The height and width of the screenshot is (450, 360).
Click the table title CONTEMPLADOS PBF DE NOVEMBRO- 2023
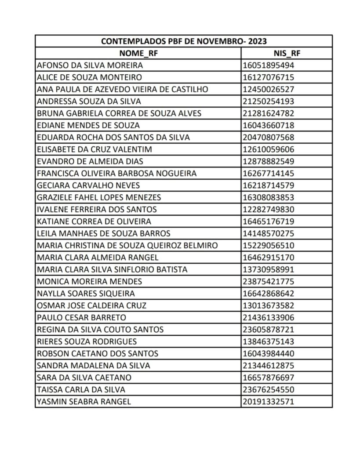click(x=184, y=42)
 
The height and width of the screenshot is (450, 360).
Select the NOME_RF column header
click(x=138, y=54)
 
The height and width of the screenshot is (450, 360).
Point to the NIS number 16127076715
click(x=268, y=78)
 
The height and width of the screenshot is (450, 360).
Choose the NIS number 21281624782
click(x=268, y=113)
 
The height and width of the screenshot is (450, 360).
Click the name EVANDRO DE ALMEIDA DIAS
click(x=90, y=161)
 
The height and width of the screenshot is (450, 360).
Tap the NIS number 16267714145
click(x=268, y=173)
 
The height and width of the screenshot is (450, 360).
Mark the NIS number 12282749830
click(x=268, y=209)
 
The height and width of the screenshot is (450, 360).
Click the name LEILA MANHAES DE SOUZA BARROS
click(x=104, y=233)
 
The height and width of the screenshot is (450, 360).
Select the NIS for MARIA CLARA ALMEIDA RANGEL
click(x=268, y=257)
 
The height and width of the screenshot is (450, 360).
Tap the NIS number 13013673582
click(x=268, y=305)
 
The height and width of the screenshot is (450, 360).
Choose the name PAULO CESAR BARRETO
click(x=82, y=317)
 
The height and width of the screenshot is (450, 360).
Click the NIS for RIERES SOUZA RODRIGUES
click(x=268, y=341)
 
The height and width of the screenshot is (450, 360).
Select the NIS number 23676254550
click(x=268, y=389)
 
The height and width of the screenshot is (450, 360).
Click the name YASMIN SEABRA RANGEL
click(x=84, y=401)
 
